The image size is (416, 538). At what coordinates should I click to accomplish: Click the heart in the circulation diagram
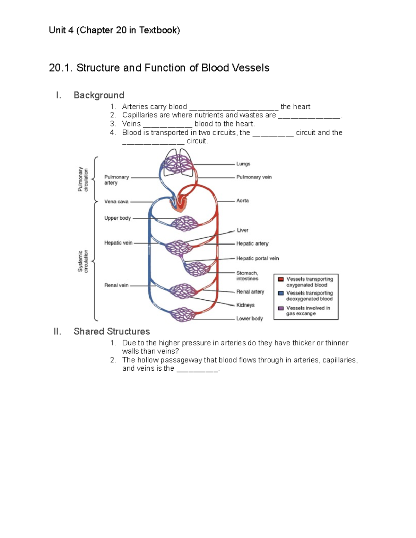coord(180,204)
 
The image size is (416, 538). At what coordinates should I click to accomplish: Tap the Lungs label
coord(243,164)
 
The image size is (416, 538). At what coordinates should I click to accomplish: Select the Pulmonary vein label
coord(254,177)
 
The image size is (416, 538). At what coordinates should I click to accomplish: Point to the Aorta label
coord(242,201)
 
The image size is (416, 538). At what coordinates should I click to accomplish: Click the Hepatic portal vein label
coord(257,258)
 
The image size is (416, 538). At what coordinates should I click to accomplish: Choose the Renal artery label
coord(250,292)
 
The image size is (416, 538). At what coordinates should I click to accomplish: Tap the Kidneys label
coord(245,305)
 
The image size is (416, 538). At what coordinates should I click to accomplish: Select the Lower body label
coord(249,318)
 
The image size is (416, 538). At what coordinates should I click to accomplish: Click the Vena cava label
coord(116,202)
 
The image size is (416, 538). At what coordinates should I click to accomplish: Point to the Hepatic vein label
coord(118,243)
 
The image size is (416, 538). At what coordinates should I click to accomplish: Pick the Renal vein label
coord(116,285)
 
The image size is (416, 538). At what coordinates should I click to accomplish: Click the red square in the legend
coord(281,279)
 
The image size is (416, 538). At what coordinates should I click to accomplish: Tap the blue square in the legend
coord(281,293)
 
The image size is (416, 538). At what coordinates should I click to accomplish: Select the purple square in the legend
coord(281,308)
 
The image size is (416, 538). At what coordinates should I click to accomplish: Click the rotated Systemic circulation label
coord(83,261)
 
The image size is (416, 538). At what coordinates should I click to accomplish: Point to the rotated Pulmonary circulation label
coord(83,179)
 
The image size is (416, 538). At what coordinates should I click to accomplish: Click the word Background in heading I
coord(99,95)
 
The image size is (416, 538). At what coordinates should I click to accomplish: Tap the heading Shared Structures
coord(112,332)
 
